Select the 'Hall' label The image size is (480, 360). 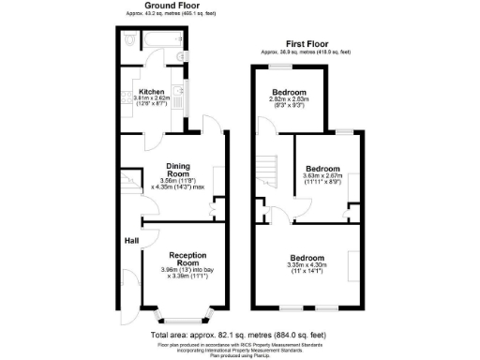point(131,240)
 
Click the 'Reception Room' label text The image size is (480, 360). point(187,259)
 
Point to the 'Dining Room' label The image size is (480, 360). point(177,169)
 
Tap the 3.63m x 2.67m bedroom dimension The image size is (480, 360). point(322,174)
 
